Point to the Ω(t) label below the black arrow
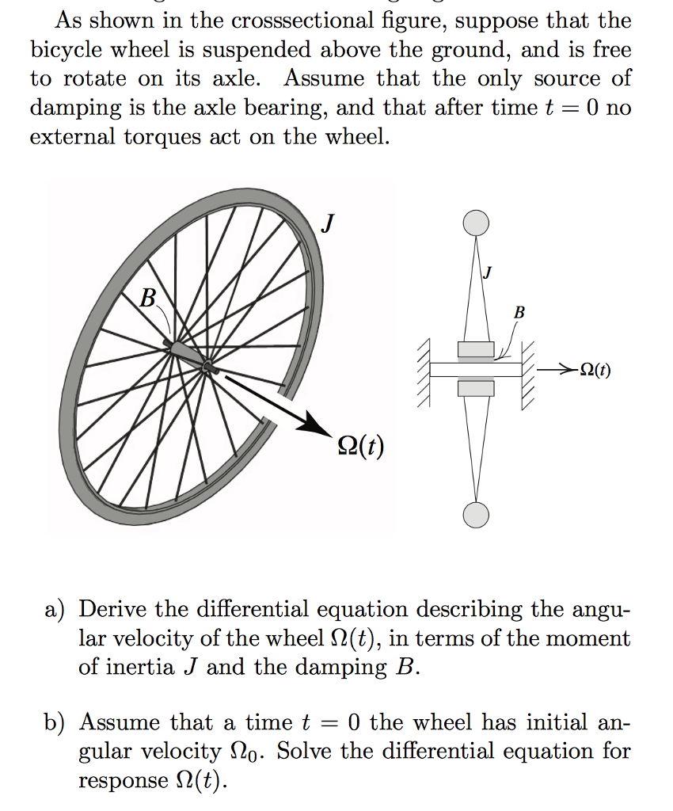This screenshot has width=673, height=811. pos(359,447)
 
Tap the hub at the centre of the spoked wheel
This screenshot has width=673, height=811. pos(207,367)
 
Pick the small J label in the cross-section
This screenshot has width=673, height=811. pos(488,273)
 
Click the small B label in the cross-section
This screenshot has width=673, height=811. pos(519,312)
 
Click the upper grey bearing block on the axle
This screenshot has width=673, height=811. pos(475,350)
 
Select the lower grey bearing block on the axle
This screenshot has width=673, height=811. pos(475,388)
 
